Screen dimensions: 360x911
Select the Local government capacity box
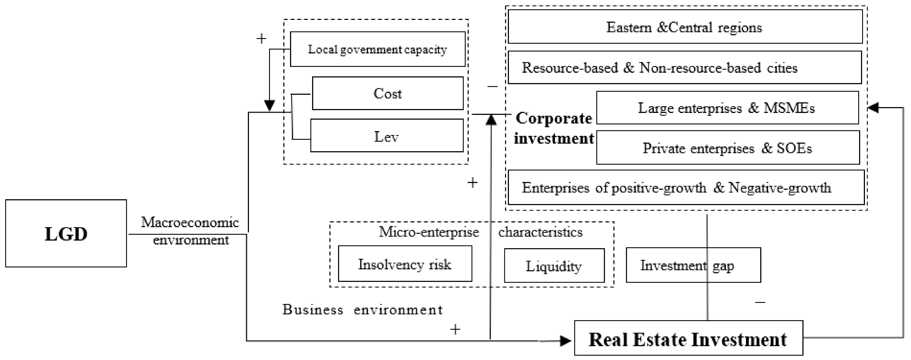(377, 49)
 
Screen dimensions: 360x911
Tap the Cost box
(388, 93)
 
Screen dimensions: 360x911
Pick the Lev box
(387, 136)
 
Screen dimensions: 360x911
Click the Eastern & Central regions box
(685, 27)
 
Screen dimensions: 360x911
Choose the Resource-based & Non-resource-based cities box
(685, 67)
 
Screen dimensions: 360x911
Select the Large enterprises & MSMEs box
(727, 108)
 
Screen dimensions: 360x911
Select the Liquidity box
(554, 266)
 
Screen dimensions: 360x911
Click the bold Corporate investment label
(554, 128)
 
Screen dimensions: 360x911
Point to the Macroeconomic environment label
(190, 231)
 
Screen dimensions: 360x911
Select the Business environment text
(362, 310)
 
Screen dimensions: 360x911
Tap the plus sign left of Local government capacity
(261, 38)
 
